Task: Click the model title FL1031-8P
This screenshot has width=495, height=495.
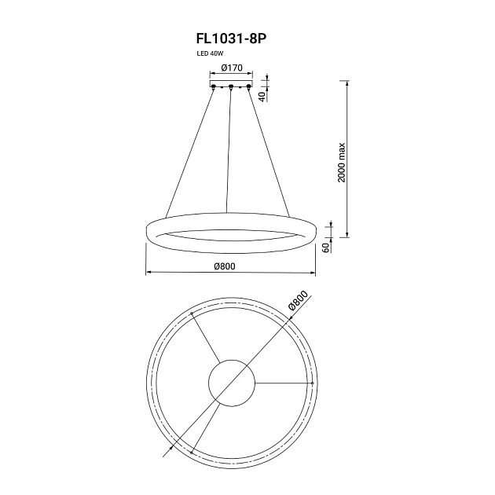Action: (x=232, y=38)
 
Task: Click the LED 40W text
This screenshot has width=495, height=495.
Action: (x=210, y=53)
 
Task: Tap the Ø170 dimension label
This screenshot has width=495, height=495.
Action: (x=232, y=68)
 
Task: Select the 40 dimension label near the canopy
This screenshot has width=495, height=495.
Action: (x=262, y=97)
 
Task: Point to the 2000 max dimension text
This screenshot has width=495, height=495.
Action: (x=342, y=163)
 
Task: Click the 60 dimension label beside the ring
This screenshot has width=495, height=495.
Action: (x=326, y=247)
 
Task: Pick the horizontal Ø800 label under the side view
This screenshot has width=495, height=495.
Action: (x=225, y=266)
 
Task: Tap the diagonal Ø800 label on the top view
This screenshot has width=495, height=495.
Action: (x=297, y=301)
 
